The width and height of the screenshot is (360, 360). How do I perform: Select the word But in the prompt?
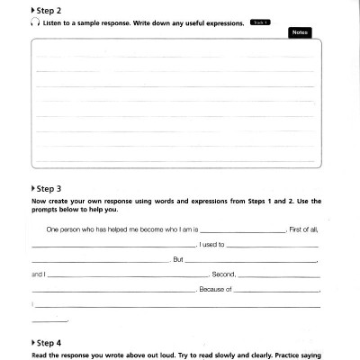pos(178,259)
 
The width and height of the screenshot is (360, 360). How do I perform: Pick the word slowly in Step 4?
pos(224,354)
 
